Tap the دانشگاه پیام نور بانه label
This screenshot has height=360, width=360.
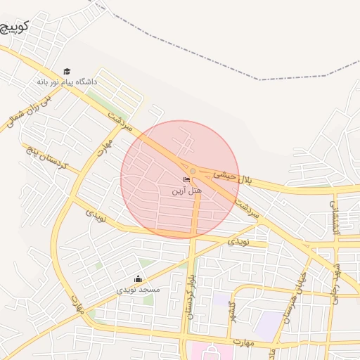tap(67, 82)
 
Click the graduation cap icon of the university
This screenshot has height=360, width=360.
tap(67, 71)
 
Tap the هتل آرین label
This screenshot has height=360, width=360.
tap(187, 191)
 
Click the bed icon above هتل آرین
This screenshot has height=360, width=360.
tap(186, 180)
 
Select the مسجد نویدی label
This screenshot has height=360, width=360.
tap(139, 289)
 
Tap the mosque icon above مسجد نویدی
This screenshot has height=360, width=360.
tap(138, 278)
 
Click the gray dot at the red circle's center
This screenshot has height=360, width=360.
tap(193, 171)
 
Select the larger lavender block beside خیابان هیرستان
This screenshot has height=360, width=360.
tap(267, 325)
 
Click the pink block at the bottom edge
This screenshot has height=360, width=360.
tap(211, 352)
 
